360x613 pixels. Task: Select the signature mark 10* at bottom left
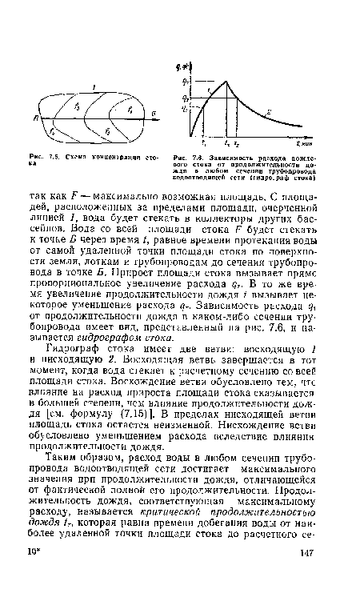(38, 596)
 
